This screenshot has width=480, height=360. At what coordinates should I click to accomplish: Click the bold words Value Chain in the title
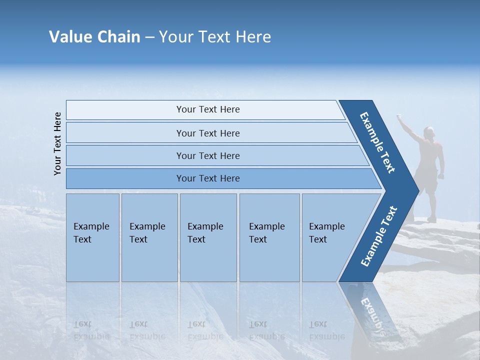point(94,37)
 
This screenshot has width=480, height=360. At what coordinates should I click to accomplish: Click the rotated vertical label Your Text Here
point(57,143)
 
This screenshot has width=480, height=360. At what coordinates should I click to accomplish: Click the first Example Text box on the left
point(92,237)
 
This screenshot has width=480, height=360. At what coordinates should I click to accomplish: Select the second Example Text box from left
point(149,237)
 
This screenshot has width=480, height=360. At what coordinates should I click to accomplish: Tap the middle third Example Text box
point(208,237)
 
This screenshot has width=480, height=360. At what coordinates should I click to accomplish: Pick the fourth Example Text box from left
point(269,237)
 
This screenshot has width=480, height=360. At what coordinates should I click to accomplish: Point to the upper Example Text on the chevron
point(377,142)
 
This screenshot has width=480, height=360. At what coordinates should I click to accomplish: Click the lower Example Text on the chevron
point(379,236)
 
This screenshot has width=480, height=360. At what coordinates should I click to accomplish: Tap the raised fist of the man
point(399,116)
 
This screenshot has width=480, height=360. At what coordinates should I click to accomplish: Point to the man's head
point(428,132)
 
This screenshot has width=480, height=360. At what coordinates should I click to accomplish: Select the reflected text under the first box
point(91,330)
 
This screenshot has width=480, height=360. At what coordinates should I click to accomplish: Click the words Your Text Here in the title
point(215,37)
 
